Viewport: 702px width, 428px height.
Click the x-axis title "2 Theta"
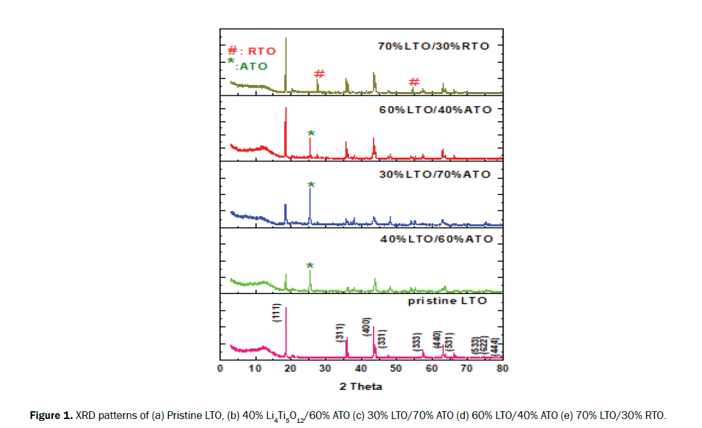361,386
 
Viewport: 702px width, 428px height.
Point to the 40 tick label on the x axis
361,368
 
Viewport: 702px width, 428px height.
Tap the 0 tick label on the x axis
220,368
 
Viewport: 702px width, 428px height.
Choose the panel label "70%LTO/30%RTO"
433,46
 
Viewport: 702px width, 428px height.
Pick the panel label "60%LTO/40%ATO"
435,109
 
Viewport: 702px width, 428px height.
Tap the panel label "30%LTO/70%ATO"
435,174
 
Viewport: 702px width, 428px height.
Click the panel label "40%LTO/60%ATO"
436,239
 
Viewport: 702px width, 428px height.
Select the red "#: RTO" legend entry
252,51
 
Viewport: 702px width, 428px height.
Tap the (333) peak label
416,342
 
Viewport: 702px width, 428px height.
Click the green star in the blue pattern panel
310,185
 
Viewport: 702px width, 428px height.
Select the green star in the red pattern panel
310,133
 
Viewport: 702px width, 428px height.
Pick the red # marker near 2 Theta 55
415,82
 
